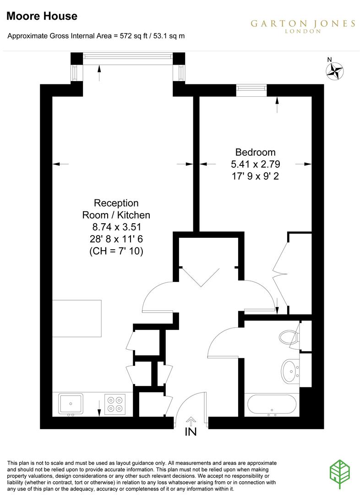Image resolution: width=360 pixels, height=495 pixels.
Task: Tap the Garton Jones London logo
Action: (x=302, y=26)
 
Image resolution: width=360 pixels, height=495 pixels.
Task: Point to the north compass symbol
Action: (x=335, y=71)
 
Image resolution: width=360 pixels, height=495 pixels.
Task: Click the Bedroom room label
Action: (x=255, y=152)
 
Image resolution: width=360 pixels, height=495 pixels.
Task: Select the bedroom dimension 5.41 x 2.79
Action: (x=255, y=164)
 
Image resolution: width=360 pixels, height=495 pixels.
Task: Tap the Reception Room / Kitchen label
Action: (x=116, y=209)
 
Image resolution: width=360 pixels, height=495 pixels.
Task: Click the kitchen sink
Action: (x=71, y=404)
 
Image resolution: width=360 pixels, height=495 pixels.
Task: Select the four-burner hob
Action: (x=115, y=404)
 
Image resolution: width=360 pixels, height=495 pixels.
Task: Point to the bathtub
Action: (x=272, y=404)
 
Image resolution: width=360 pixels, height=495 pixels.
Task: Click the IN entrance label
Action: (x=191, y=432)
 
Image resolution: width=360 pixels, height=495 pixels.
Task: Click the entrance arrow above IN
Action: (x=191, y=420)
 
